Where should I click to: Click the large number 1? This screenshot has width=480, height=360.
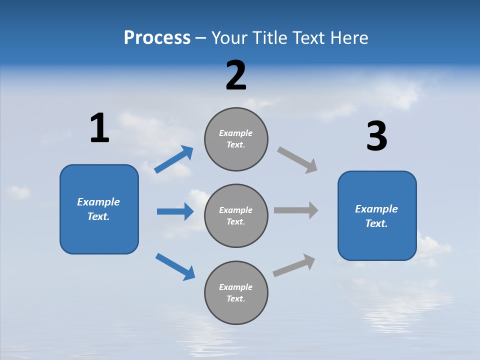99,128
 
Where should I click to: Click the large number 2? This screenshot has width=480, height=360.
236,75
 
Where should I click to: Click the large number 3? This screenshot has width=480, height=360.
376,136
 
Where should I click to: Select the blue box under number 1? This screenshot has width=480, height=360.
99,209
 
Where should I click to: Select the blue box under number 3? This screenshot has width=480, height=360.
377,215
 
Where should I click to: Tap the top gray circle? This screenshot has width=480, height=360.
236,139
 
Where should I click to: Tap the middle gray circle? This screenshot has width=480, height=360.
236,215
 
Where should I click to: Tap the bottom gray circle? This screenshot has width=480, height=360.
236,292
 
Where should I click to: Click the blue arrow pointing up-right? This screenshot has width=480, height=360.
174,159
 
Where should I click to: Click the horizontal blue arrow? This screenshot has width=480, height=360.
175,211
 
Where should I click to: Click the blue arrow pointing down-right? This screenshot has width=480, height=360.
175,266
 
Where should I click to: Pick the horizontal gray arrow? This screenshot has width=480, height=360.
296,210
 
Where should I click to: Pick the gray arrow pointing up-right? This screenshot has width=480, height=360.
294,265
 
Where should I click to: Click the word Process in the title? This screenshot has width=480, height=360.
157,38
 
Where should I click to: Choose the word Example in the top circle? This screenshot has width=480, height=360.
235,133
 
